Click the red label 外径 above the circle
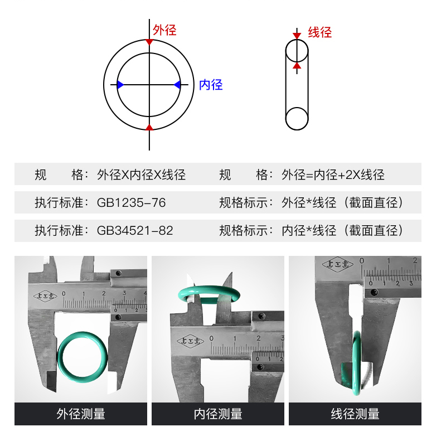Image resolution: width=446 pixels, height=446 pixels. tap(164, 30)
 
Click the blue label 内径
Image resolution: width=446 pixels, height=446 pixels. tap(211, 85)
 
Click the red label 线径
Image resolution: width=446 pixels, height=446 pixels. tap(319, 32)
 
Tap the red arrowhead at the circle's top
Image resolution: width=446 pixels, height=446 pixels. tap(149, 42)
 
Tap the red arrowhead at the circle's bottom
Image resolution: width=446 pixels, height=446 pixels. tap(149, 127)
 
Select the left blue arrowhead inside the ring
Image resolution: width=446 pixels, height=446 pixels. tap(120, 84)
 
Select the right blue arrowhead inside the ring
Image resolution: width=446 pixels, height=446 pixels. tap(177, 84)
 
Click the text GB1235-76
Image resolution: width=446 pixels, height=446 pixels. tap(131, 203)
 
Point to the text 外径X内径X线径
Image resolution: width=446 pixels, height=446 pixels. tap(141, 175)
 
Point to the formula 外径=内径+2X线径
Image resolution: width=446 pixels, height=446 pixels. tap(333, 175)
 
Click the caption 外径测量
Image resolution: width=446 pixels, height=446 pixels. tap(81, 414)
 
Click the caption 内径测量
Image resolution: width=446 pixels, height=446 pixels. tap(218, 414)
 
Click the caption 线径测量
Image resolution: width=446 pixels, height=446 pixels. tap(355, 414)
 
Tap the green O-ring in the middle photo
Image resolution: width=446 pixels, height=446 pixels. tap(207, 291)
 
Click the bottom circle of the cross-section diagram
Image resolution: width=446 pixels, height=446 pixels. tap(297, 119)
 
